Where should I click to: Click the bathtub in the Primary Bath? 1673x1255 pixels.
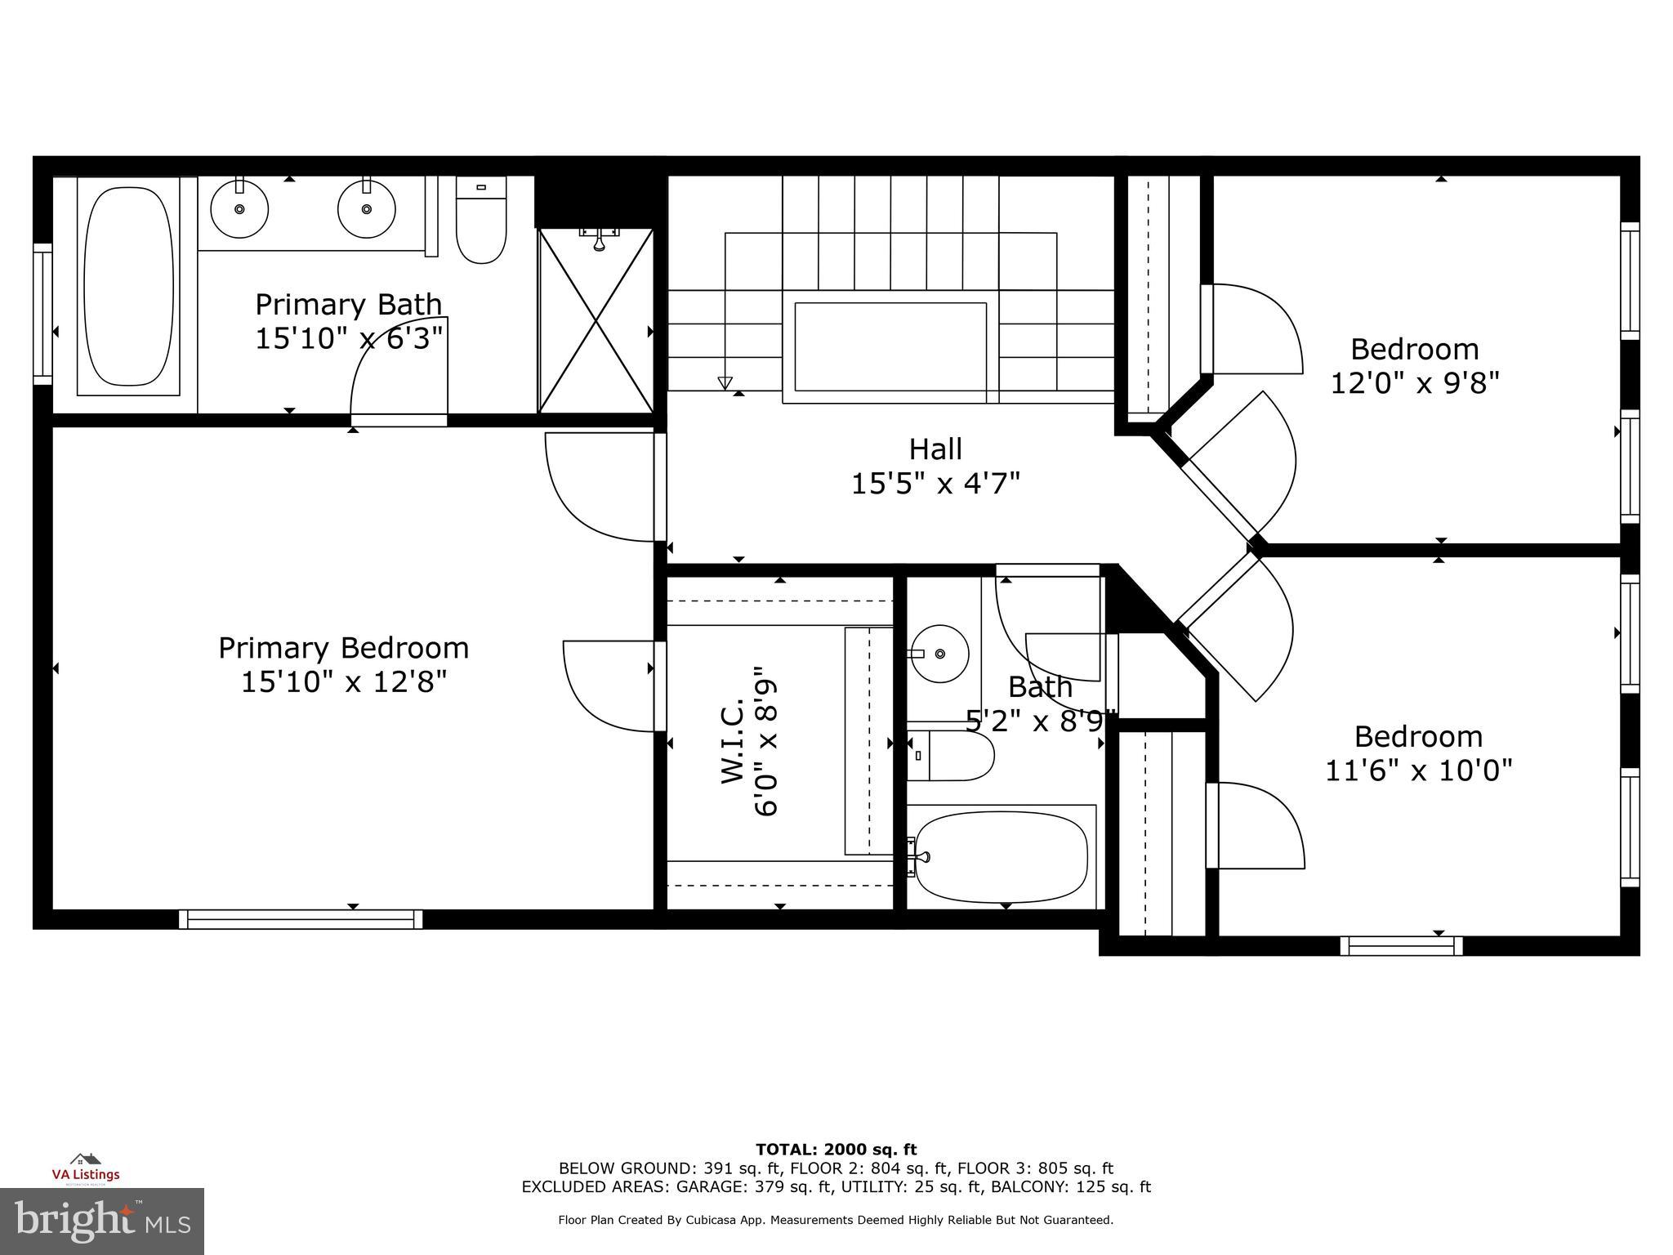[x=128, y=286]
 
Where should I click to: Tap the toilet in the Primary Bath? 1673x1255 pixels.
[x=480, y=221]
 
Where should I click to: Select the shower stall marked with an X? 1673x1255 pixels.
[x=596, y=320]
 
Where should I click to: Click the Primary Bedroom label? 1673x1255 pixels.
[x=343, y=648]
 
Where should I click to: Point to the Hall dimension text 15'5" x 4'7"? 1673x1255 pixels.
[x=935, y=484]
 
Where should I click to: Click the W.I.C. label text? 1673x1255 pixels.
[x=732, y=742]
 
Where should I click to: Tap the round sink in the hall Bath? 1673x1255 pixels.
[x=939, y=654]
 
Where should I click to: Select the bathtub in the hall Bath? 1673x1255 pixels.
[x=1001, y=856]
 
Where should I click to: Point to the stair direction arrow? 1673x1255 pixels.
[x=725, y=381]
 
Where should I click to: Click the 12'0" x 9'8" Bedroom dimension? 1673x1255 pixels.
[x=1415, y=382]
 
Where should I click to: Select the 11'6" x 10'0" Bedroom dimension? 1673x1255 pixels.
[x=1418, y=770]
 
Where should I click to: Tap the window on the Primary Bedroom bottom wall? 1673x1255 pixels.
[x=301, y=919]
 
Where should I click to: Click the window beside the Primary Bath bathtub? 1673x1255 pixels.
[x=42, y=314]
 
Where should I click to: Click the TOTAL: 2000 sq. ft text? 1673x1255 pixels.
[x=836, y=1150]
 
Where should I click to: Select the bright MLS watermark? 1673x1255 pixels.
[x=101, y=1222]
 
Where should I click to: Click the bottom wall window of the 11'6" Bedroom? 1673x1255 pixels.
[x=1401, y=946]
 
